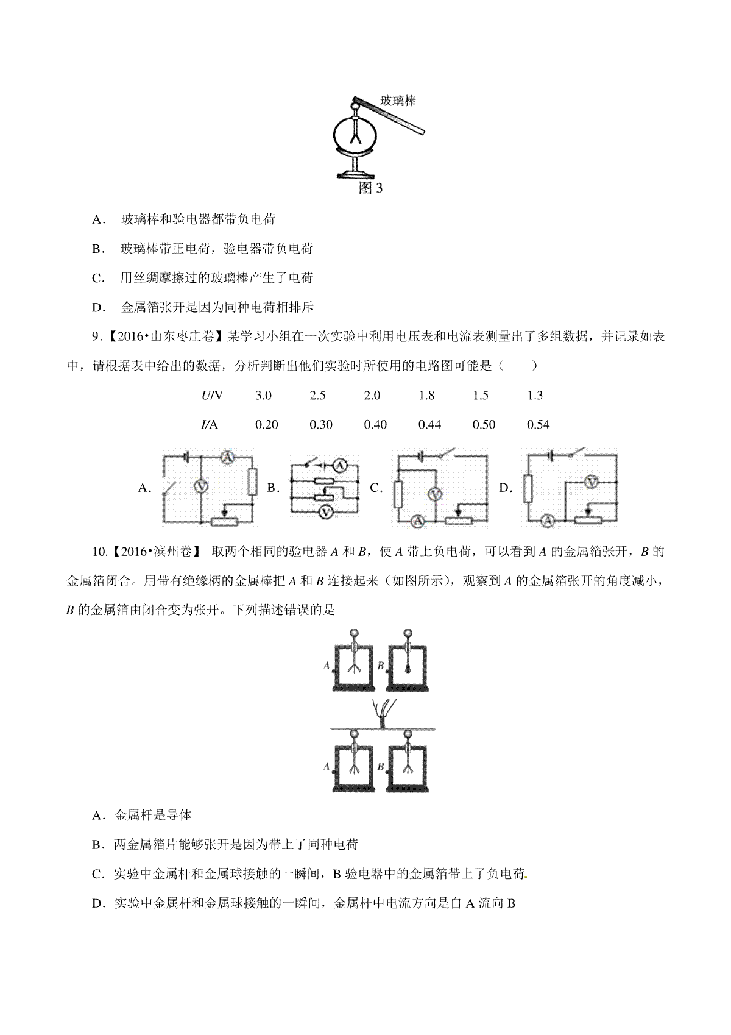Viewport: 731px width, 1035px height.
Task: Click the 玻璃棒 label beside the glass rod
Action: pos(398,100)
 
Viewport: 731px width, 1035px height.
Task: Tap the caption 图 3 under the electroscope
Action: pos(370,188)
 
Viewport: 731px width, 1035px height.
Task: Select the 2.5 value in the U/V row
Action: pos(318,396)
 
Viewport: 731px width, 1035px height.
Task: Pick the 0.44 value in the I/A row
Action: pos(429,425)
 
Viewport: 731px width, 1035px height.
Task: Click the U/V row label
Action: pos(212,396)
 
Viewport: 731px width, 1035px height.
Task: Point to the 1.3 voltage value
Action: pos(535,396)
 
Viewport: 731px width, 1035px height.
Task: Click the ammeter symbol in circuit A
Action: pos(227,457)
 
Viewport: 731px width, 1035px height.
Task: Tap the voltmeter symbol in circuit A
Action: pos(201,486)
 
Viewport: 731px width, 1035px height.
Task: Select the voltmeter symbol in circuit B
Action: pos(326,511)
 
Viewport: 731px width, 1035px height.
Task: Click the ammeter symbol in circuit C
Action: pos(418,521)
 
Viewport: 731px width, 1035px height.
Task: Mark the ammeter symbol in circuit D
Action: pos(548,521)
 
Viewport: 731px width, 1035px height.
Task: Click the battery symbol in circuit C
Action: pos(421,457)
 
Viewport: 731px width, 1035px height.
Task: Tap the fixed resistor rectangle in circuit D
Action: pos(528,488)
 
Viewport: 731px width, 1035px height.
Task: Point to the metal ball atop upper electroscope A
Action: pos(354,633)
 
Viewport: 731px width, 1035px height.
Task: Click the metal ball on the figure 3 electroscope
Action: pos(355,107)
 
